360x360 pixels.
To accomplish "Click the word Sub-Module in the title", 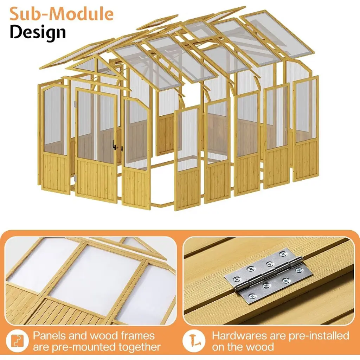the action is [62, 14].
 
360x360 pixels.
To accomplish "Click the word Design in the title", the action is [38, 32].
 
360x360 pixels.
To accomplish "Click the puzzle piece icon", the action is [17, 341].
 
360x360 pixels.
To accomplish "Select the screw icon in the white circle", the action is [194, 341].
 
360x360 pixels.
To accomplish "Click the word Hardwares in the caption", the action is [239, 336].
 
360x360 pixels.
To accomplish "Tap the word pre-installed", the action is [319, 336].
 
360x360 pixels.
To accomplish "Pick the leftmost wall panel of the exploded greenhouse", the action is [54, 138].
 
